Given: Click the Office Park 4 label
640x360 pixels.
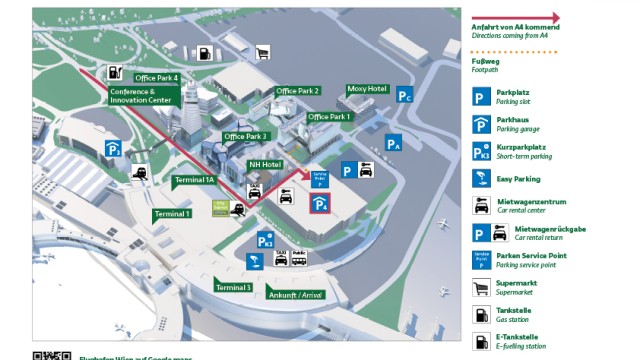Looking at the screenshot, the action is pos(157,78).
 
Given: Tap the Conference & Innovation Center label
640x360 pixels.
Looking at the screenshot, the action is pos(139,96).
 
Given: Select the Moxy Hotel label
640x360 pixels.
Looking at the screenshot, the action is pos(366,89).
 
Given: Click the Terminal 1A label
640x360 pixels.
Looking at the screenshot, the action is pos(194,180).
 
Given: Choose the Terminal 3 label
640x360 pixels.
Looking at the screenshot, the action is pos(233,288).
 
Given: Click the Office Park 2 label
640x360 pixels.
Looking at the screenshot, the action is pos(298,91).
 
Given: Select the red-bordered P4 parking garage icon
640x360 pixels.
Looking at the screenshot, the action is pos(320,205).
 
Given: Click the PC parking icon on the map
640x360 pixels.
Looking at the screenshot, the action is pos(404,96).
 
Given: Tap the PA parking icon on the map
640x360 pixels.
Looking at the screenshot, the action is pos(394,144).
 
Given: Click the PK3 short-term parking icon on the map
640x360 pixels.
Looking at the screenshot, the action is pos(265,241).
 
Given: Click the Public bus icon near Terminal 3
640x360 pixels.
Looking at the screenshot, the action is pos(298,256).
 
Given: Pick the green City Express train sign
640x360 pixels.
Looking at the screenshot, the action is pos(219,209).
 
